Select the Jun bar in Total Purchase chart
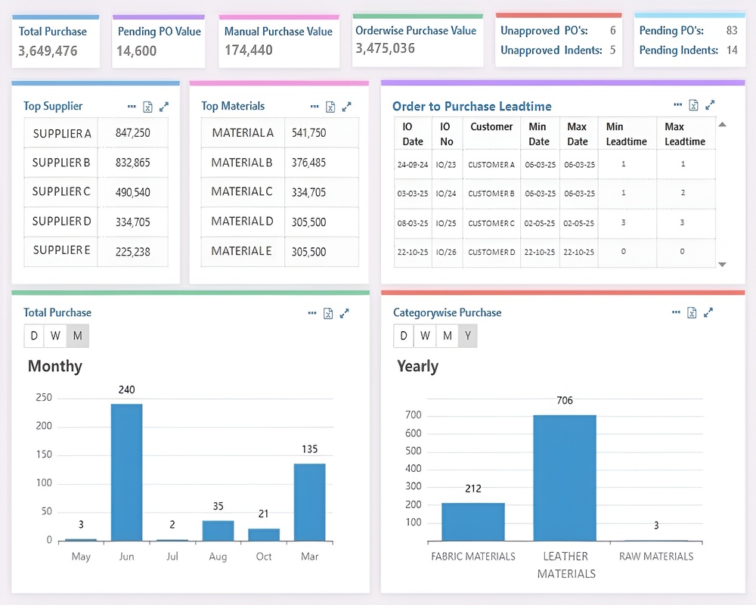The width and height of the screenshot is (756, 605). [x=126, y=473]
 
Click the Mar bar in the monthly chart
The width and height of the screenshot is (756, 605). [x=309, y=502]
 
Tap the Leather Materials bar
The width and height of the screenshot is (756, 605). [x=565, y=478]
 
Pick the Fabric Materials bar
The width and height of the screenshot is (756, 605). [x=473, y=522]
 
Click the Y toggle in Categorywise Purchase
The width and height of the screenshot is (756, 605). [x=467, y=336]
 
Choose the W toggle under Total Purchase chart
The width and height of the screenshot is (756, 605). [x=55, y=336]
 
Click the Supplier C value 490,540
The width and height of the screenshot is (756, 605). [x=132, y=193]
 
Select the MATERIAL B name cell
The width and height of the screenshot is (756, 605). [x=242, y=163]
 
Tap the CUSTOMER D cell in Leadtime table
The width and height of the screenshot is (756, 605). [x=491, y=252]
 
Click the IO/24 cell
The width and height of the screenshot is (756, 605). [x=446, y=194]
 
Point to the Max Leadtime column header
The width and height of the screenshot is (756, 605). [x=685, y=134]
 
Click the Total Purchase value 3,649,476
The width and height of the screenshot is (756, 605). [x=48, y=51]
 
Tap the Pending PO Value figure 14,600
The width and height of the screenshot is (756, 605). [x=136, y=51]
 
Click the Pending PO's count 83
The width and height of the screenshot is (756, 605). [x=731, y=30]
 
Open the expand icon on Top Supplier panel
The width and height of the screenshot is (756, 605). [x=164, y=107]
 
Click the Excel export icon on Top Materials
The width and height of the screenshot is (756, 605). [x=330, y=107]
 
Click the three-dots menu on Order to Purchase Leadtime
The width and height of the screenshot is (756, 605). [x=678, y=104]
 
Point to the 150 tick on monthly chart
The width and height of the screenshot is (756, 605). [x=44, y=455]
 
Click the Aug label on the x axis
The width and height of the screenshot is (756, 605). [x=218, y=557]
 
